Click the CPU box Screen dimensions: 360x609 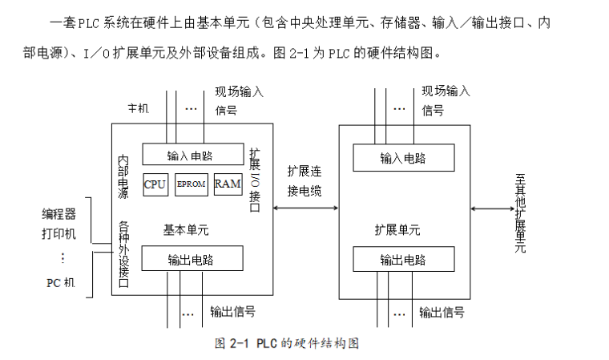click(x=155, y=184)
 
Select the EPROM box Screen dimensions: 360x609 click(x=191, y=184)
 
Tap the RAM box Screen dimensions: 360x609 click(x=228, y=184)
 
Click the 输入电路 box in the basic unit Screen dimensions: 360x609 click(x=193, y=155)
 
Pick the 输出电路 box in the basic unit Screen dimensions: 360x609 click(x=193, y=259)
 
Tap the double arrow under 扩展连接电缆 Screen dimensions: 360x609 click(x=305, y=208)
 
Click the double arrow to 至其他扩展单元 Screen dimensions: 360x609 click(x=491, y=208)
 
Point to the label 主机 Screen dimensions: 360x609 click(x=139, y=108)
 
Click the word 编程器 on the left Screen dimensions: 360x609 click(x=58, y=214)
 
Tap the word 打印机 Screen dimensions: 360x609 click(x=58, y=233)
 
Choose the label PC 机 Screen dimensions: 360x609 click(x=59, y=282)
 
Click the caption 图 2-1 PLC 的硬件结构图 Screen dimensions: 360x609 click(x=285, y=343)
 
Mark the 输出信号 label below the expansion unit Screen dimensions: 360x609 click(x=442, y=312)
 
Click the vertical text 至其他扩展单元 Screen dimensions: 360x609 click(x=520, y=210)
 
